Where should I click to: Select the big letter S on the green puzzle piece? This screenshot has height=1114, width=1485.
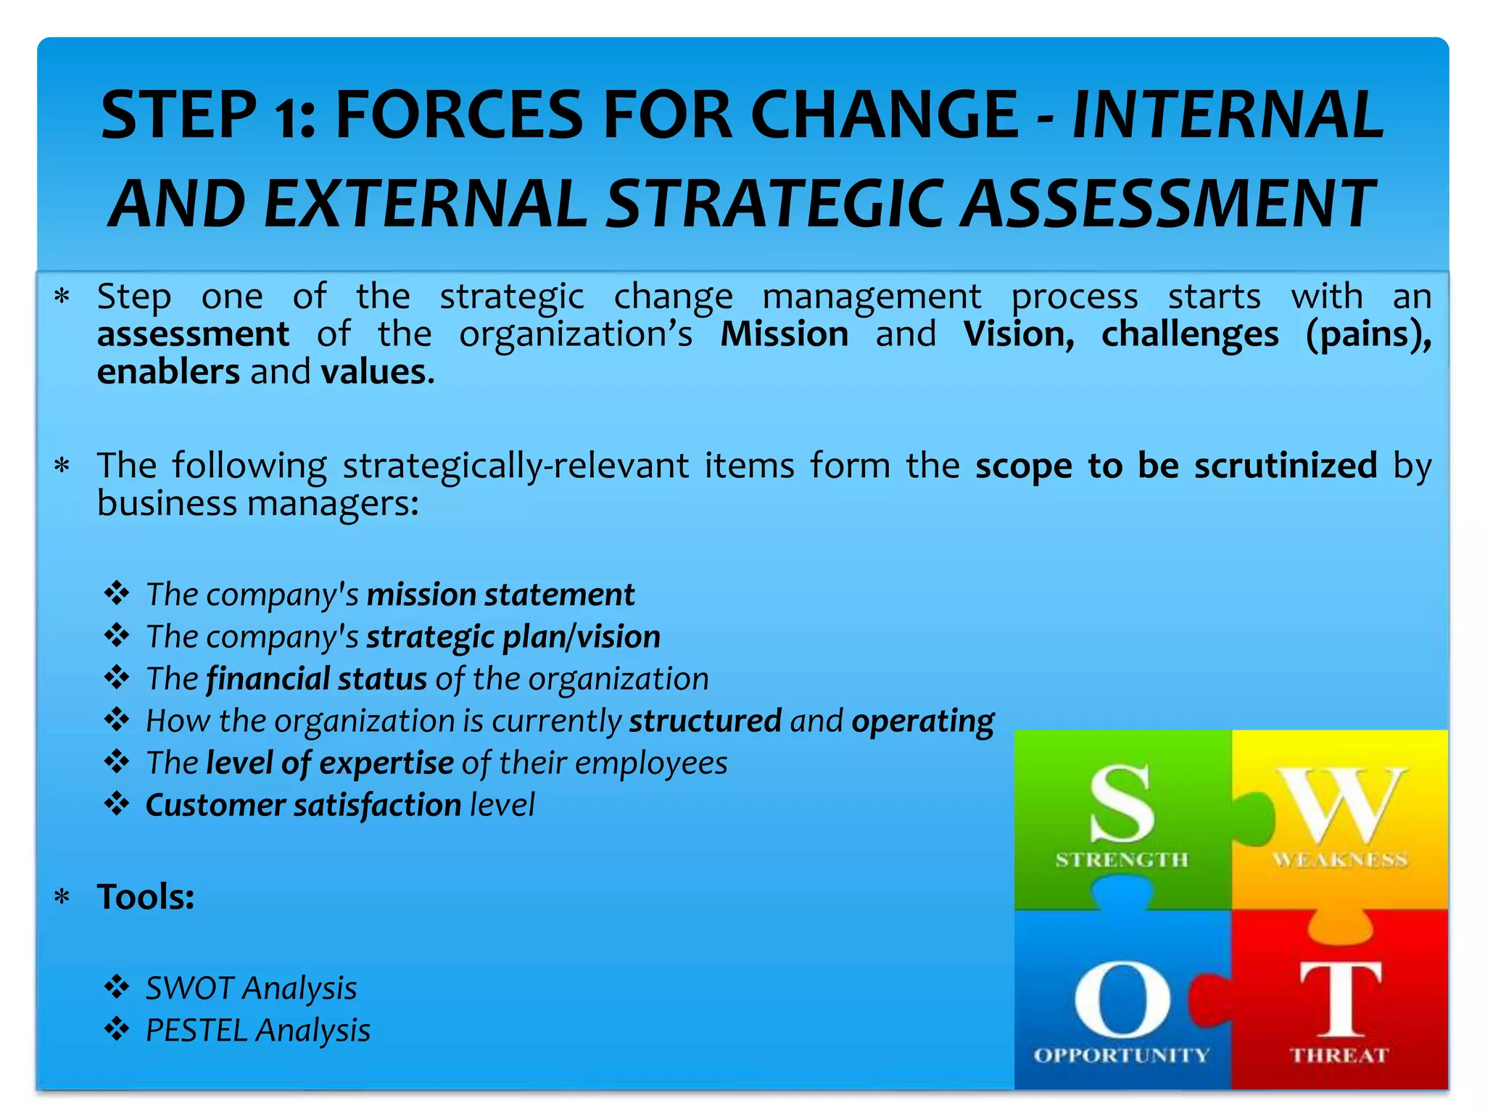click(1122, 804)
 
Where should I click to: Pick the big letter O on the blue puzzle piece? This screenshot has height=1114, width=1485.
click(1122, 999)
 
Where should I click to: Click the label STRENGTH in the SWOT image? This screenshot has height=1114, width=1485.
click(1122, 860)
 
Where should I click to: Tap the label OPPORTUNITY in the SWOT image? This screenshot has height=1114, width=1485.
click(1121, 1055)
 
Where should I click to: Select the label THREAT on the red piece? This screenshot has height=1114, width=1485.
click(1339, 1055)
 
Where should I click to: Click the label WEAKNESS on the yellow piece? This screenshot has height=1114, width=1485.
click(1340, 860)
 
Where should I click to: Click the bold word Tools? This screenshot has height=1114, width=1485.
click(146, 897)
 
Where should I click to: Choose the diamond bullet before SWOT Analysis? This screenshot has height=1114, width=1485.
click(116, 987)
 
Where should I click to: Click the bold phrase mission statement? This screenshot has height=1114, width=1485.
click(500, 595)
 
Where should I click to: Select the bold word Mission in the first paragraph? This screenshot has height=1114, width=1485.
click(784, 334)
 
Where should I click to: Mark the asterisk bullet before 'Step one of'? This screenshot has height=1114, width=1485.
click(62, 297)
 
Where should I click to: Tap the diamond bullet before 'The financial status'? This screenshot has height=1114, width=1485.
click(116, 678)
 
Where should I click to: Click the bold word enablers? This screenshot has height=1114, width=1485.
click(168, 372)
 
